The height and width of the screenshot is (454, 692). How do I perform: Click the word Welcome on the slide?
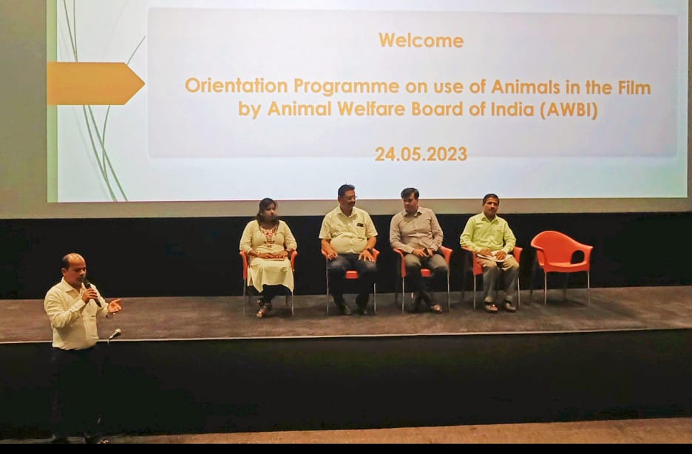point(421,41)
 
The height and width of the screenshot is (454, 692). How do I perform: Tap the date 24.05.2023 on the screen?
point(421,154)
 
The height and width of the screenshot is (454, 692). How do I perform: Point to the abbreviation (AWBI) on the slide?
point(569,109)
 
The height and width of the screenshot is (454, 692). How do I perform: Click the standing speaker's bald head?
point(72,261)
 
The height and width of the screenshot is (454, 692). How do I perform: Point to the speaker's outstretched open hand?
point(115,306)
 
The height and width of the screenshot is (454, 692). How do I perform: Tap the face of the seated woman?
point(268,211)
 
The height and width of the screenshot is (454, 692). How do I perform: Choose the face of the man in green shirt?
point(491,206)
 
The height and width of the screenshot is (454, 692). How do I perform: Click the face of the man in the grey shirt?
point(410,200)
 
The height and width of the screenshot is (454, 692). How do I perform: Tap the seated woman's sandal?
point(264,311)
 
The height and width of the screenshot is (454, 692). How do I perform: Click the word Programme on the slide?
point(347,87)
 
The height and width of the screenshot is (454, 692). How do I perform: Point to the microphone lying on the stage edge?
point(115,334)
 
